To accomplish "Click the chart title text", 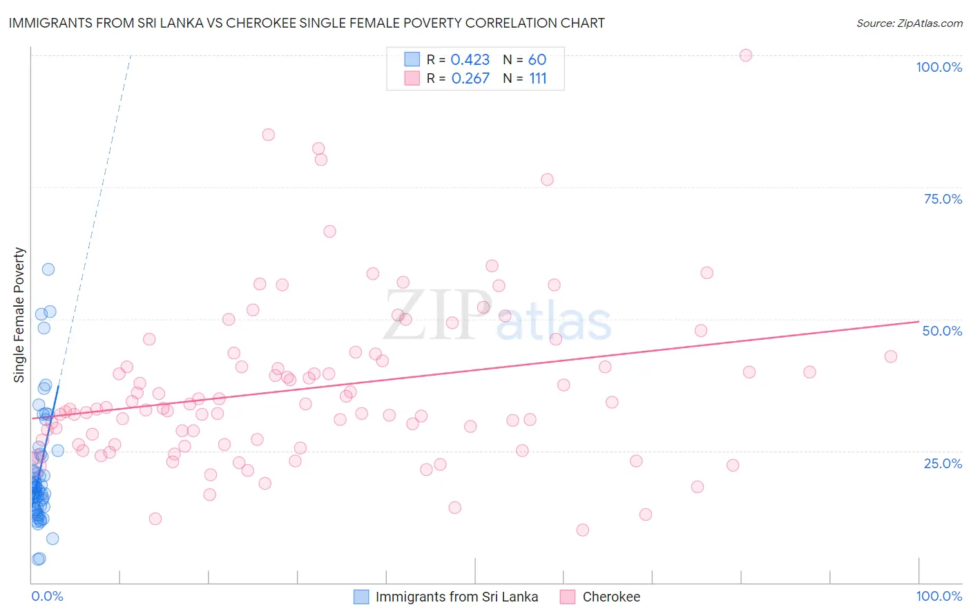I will [307, 23].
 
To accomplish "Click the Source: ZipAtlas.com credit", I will [909, 23].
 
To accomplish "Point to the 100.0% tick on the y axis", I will [939, 67].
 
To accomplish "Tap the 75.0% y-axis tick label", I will [943, 199].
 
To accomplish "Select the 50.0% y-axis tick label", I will [942, 331].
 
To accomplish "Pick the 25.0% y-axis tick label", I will [943, 463].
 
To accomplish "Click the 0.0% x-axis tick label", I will [47, 596].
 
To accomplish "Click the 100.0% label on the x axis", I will [939, 596].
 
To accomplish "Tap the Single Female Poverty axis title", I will [19, 315].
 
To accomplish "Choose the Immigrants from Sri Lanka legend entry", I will [456, 597].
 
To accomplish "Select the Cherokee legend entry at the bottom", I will [611, 597].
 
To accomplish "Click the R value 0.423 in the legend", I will [470, 60].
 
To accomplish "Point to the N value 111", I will [538, 79].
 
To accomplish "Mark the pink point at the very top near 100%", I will [745, 55].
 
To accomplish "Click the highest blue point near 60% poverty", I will [48, 269].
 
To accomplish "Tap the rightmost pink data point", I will [890, 356].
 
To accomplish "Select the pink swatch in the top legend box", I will [412, 78].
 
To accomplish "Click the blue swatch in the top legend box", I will [412, 59].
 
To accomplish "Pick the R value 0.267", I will [470, 79].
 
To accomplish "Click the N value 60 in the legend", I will [537, 60].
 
